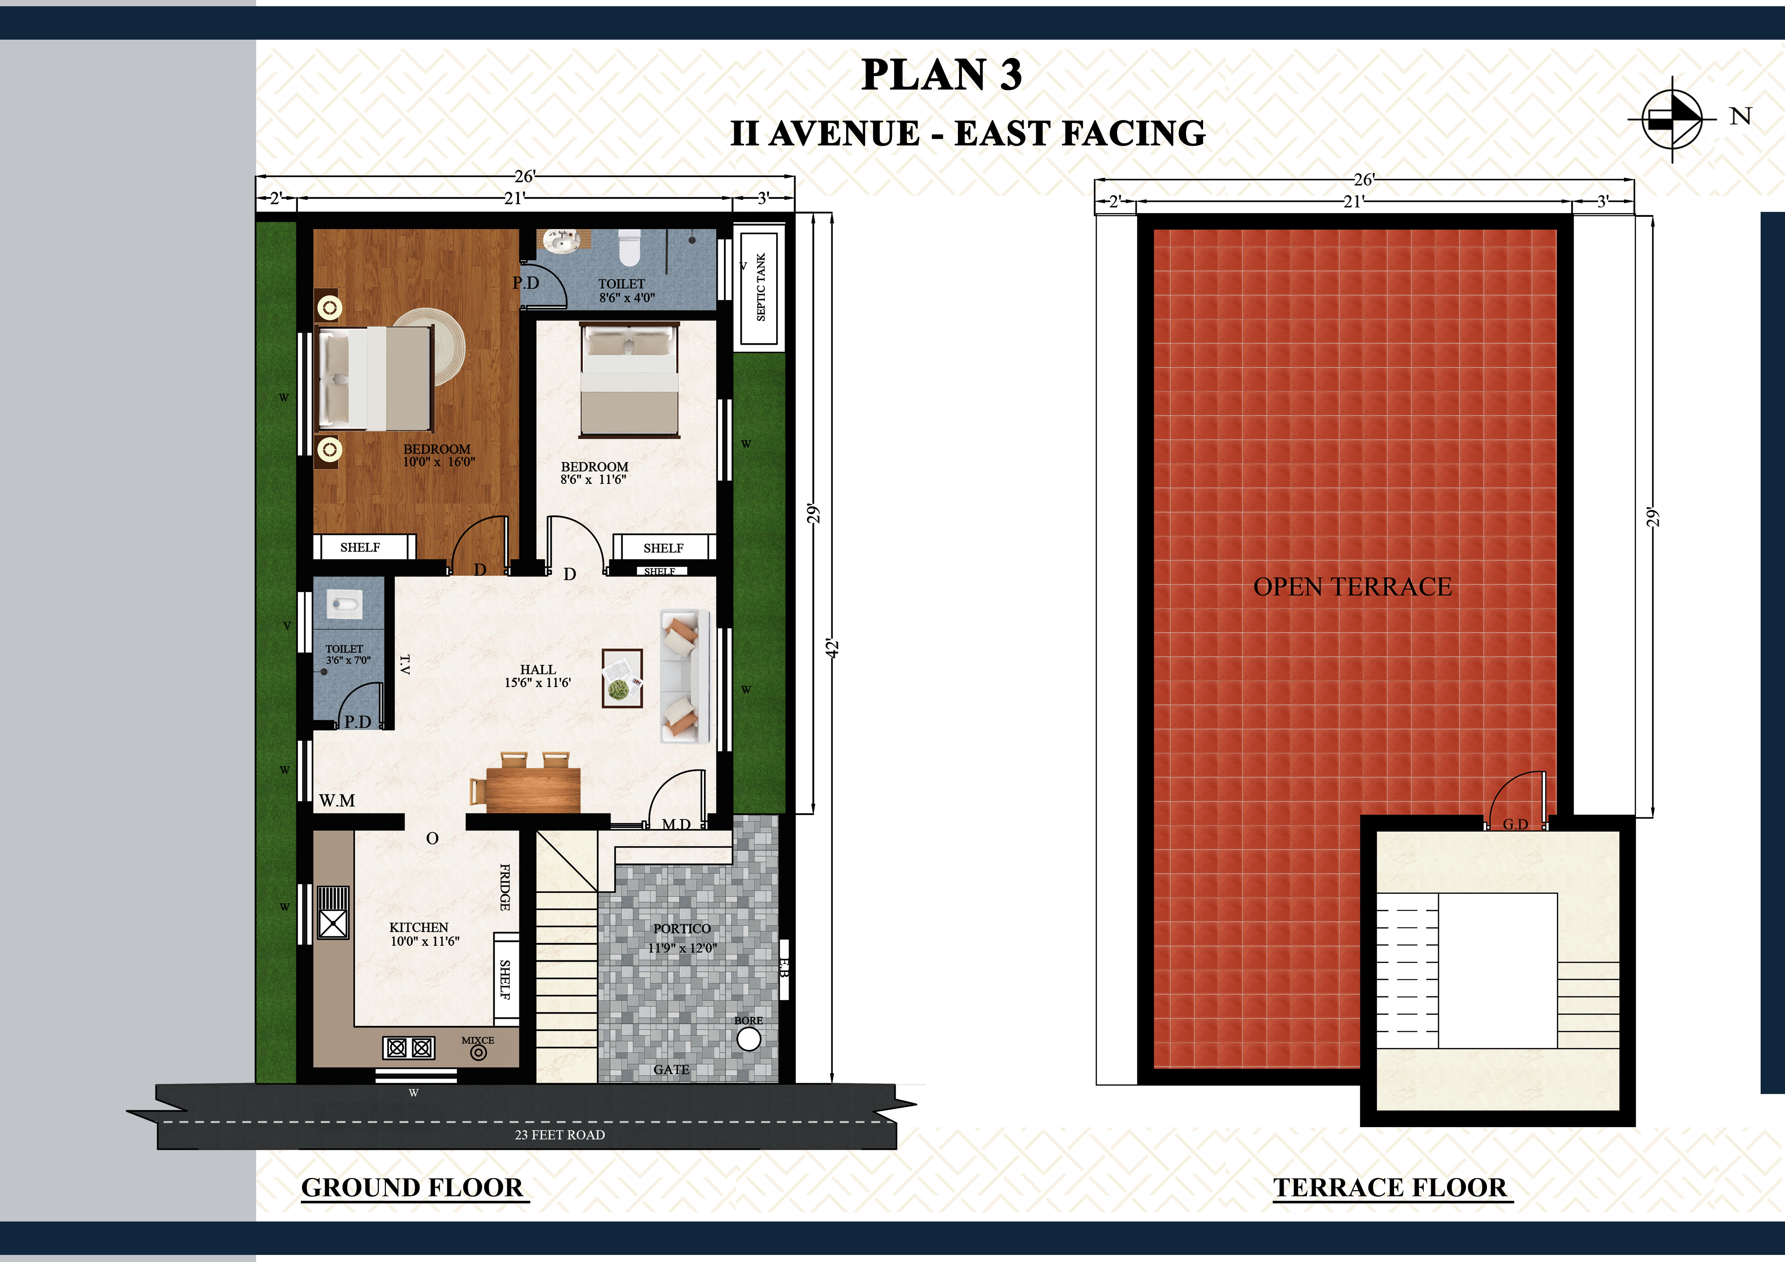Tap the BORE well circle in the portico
coord(749,1039)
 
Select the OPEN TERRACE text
coord(1353,587)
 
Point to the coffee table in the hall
coord(622,678)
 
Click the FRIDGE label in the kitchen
coord(505,888)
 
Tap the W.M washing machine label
coord(337,801)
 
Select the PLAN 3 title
coord(942,75)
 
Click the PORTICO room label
coord(682,929)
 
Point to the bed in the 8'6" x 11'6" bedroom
coord(630,381)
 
